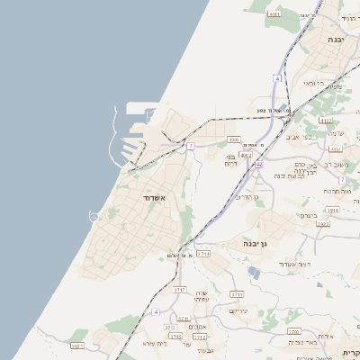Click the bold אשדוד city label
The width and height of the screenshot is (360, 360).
pos(154,196)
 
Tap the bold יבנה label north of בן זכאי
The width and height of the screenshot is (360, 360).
pos(337,40)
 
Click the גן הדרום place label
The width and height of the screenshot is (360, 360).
pos(245,196)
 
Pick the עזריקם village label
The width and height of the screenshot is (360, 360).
pos(238,310)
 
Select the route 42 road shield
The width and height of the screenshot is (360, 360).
pos(258,165)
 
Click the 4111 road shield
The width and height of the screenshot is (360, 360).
pos(274,14)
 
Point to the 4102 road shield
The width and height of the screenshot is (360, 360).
pos(326,120)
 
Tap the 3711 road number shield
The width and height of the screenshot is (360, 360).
pos(237,294)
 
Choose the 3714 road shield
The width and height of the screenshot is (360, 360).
pos(202,255)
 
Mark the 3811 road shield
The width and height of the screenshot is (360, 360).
pos(332,211)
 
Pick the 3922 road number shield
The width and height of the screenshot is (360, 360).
pos(323,223)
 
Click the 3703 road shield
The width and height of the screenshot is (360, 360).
pos(294,331)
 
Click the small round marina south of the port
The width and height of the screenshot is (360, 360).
pos(94,215)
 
